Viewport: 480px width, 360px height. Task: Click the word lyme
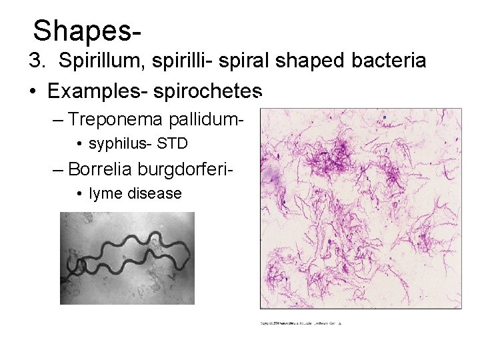click(101, 193)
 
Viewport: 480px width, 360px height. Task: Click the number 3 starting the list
click(35, 61)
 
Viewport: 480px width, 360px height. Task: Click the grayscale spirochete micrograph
click(127, 258)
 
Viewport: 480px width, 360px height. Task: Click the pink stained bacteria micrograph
click(360, 209)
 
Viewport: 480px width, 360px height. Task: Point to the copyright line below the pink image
click(300, 323)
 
